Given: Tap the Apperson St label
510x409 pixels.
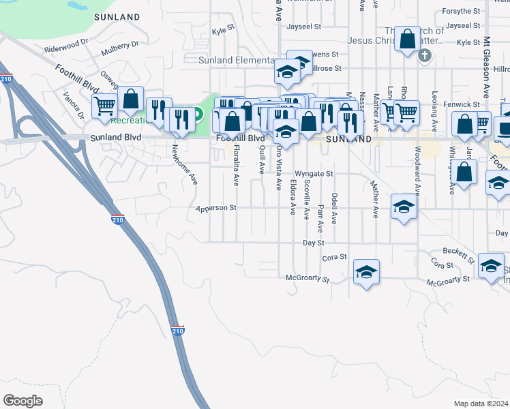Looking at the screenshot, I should (215, 208).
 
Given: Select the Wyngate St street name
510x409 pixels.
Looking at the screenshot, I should (314, 174).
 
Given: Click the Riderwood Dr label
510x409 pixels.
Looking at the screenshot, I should (66, 46).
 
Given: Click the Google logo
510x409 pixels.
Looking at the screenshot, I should (22, 400).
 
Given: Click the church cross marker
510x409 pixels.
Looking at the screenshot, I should (425, 55).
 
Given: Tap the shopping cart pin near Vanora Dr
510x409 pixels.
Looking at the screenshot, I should (104, 106).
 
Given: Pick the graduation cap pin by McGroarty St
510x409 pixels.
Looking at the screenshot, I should (367, 272).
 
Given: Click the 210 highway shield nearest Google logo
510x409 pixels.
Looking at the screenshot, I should (178, 331).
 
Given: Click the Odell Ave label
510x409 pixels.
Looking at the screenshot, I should (334, 208).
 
